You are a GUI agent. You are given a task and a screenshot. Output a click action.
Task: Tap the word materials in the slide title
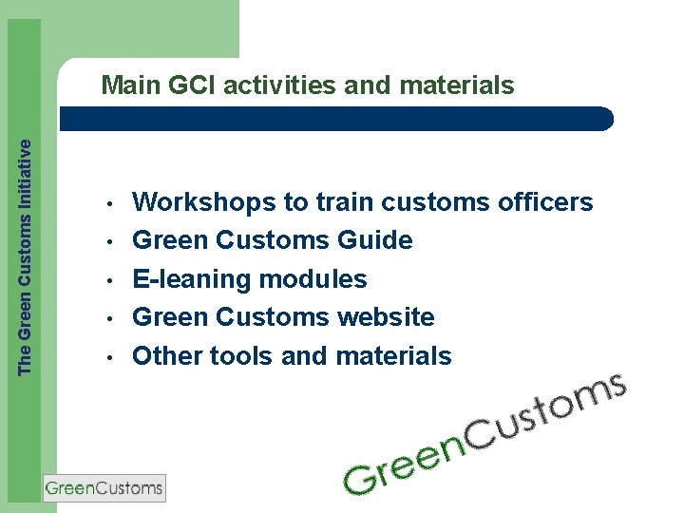[457, 86]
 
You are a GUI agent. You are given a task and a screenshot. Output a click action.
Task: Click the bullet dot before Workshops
[111, 204]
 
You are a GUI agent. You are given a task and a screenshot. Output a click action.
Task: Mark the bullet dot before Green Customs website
[111, 318]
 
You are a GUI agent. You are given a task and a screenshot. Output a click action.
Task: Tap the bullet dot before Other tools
[111, 357]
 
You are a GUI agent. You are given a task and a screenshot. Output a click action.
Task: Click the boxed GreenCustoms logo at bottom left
[104, 488]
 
